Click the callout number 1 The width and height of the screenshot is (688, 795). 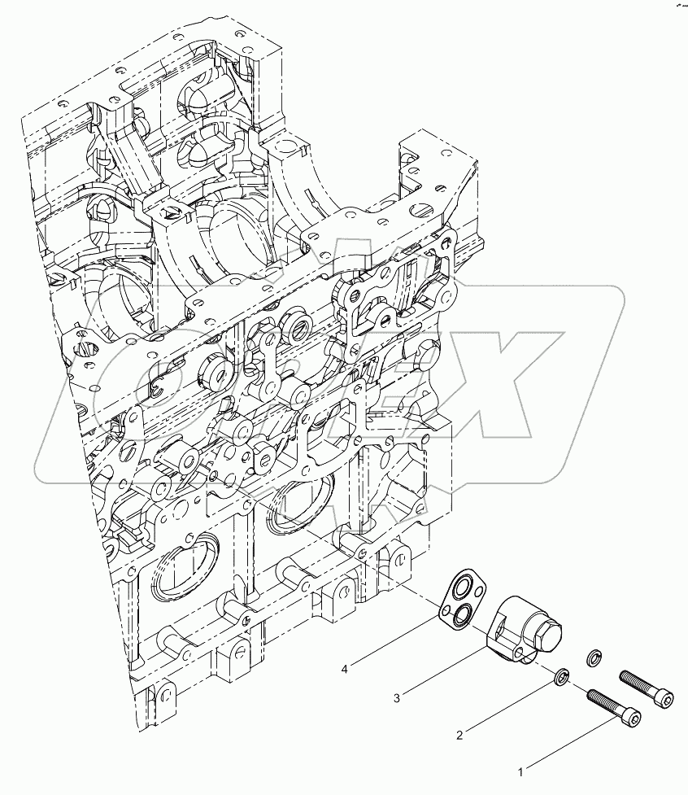(522, 767)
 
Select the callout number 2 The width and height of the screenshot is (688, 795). (459, 735)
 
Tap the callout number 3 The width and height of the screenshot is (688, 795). (396, 697)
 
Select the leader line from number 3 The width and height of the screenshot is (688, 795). (443, 672)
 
